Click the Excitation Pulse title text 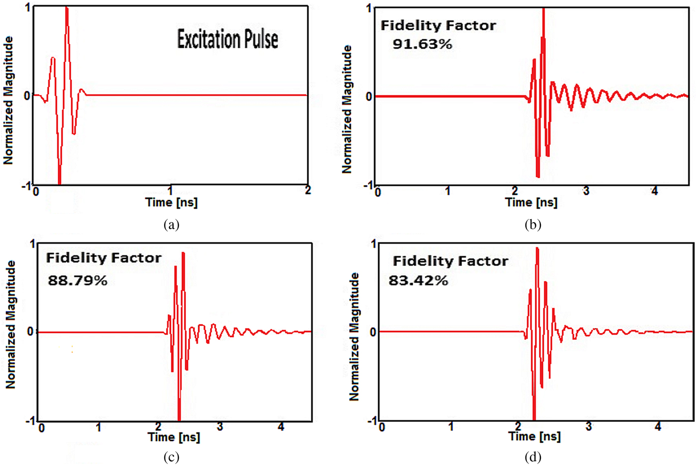click(227, 39)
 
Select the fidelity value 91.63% click(422, 44)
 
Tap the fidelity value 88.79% click(78, 281)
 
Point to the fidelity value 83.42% click(418, 281)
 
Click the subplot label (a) click(171, 225)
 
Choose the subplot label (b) click(532, 225)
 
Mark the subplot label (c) click(171, 457)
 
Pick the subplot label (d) click(532, 457)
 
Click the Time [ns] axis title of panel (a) click(171, 202)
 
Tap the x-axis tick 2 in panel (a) click(308, 190)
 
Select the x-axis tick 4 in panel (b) click(655, 191)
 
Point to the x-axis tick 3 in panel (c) click(220, 427)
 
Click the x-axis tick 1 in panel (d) click(451, 427)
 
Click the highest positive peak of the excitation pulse click(67, 8)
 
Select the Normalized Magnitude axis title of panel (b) click(347, 109)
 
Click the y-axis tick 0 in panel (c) click(31, 332)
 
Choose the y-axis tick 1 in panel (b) click(368, 8)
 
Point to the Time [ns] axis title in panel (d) click(534, 437)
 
